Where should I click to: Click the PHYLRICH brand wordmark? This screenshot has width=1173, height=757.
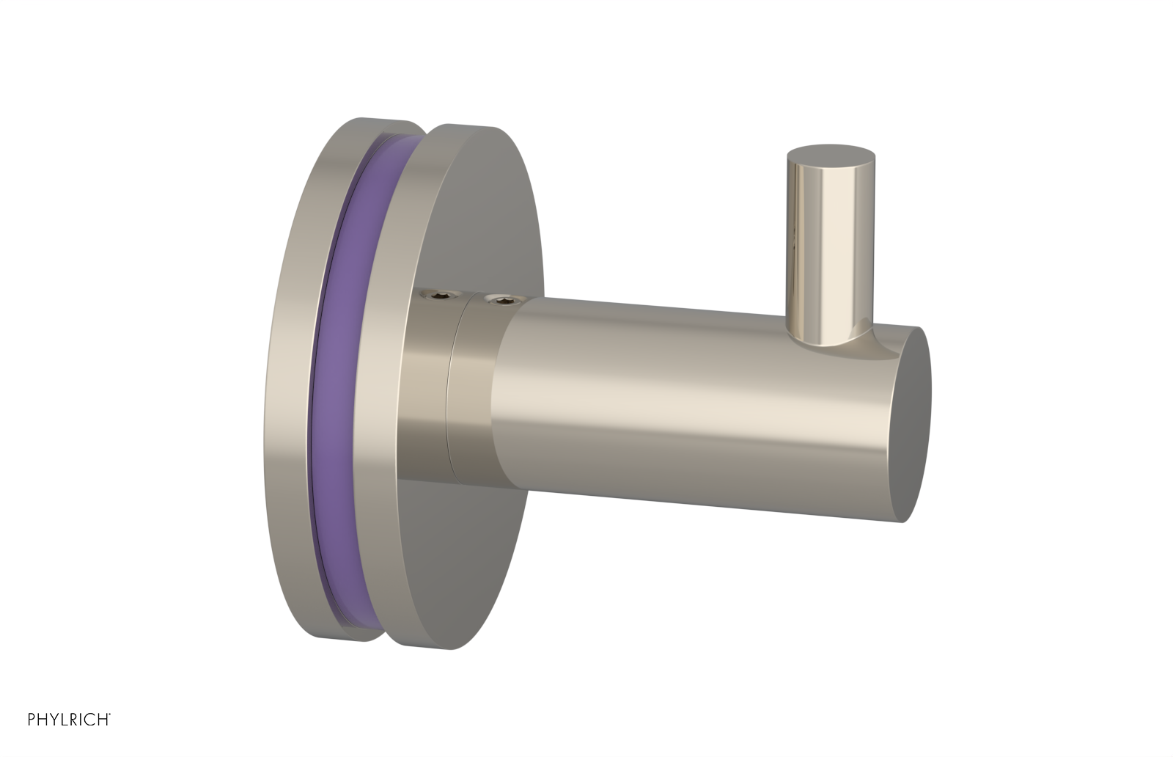(69, 720)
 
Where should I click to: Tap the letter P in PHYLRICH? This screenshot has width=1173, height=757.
(32, 720)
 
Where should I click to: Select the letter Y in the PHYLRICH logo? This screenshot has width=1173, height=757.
(55, 720)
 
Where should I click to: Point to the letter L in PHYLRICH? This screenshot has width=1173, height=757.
(66, 720)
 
